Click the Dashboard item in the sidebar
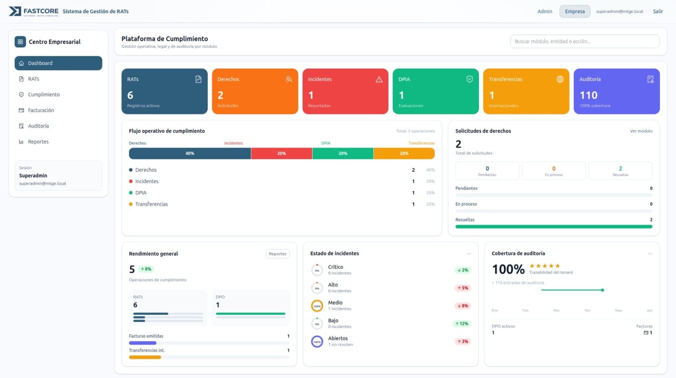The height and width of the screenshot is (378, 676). coord(58,63)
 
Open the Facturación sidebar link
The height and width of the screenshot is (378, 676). coord(41,110)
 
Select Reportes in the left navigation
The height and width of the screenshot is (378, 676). coord(38,142)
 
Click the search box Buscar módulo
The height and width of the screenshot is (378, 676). coord(584,41)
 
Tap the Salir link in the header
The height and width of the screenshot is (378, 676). coord(658,11)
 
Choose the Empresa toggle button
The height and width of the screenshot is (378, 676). coord(574,11)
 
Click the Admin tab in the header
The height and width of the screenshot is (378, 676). coord(544,11)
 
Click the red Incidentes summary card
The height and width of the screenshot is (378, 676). coord(345,91)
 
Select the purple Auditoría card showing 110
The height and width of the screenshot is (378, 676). coord(616,91)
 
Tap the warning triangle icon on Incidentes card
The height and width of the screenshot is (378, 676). coord(379,79)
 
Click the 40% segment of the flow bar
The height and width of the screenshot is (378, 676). coord(190,154)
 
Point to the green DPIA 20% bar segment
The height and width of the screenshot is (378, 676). coord(343,154)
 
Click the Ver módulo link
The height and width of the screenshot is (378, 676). coord(641,131)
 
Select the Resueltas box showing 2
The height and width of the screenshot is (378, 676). coord(620,171)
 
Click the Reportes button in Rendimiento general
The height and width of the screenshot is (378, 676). coord(277,254)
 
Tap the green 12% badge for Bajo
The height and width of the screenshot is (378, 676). coord(462,324)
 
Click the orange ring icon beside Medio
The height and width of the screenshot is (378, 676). coord(317,306)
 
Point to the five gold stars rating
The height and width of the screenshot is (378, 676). coord(544,266)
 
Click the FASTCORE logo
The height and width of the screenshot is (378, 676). coord(34,11)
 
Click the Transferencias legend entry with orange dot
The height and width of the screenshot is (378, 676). coord(151,204)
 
